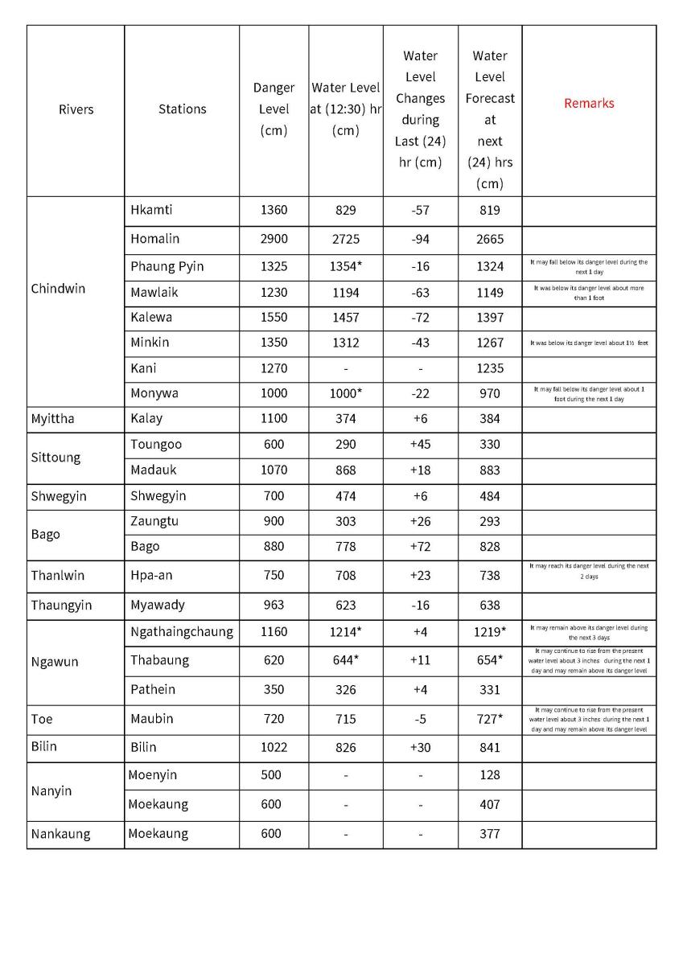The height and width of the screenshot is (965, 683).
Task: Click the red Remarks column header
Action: [x=589, y=103]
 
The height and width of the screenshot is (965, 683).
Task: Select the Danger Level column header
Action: [x=274, y=109]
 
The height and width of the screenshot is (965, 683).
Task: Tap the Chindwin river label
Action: [x=58, y=288]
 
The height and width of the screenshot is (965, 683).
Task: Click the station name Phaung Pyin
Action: [x=167, y=266]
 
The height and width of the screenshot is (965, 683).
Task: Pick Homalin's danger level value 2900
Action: [x=274, y=239]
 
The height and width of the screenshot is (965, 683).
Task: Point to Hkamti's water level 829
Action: [x=345, y=211]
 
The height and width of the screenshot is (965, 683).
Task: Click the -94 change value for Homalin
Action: [x=420, y=239]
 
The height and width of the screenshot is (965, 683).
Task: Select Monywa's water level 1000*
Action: [x=345, y=393]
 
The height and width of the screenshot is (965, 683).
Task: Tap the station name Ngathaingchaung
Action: [x=182, y=631]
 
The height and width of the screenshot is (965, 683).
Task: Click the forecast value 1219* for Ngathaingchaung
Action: [x=490, y=632]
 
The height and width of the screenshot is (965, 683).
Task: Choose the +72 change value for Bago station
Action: [x=420, y=547]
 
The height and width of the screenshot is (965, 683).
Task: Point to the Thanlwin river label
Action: [x=57, y=576]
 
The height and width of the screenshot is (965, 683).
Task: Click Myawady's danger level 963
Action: [x=274, y=605]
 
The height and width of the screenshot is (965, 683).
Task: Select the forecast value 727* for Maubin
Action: [x=490, y=719]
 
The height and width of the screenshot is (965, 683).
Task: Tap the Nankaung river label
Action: [x=60, y=834]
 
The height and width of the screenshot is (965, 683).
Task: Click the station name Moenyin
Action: [x=153, y=775]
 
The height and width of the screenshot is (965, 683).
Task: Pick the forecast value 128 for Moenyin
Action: [x=490, y=775]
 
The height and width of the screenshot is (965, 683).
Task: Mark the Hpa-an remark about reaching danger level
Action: [x=589, y=571]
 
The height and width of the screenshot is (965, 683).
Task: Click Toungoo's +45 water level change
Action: [x=420, y=444]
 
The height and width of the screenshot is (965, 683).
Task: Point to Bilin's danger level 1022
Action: [x=274, y=747]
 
